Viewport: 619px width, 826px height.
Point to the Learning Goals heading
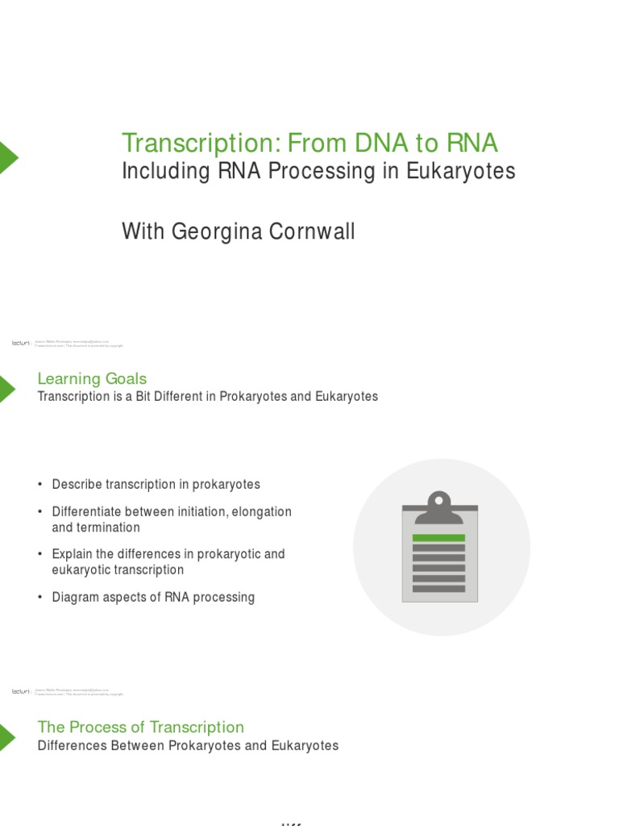coord(92,378)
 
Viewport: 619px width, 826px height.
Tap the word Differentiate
coord(89,511)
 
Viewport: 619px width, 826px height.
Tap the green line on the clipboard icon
coord(439,537)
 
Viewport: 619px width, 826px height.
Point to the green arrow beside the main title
coord(7,158)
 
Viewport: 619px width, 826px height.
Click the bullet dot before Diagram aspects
coord(39,598)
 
